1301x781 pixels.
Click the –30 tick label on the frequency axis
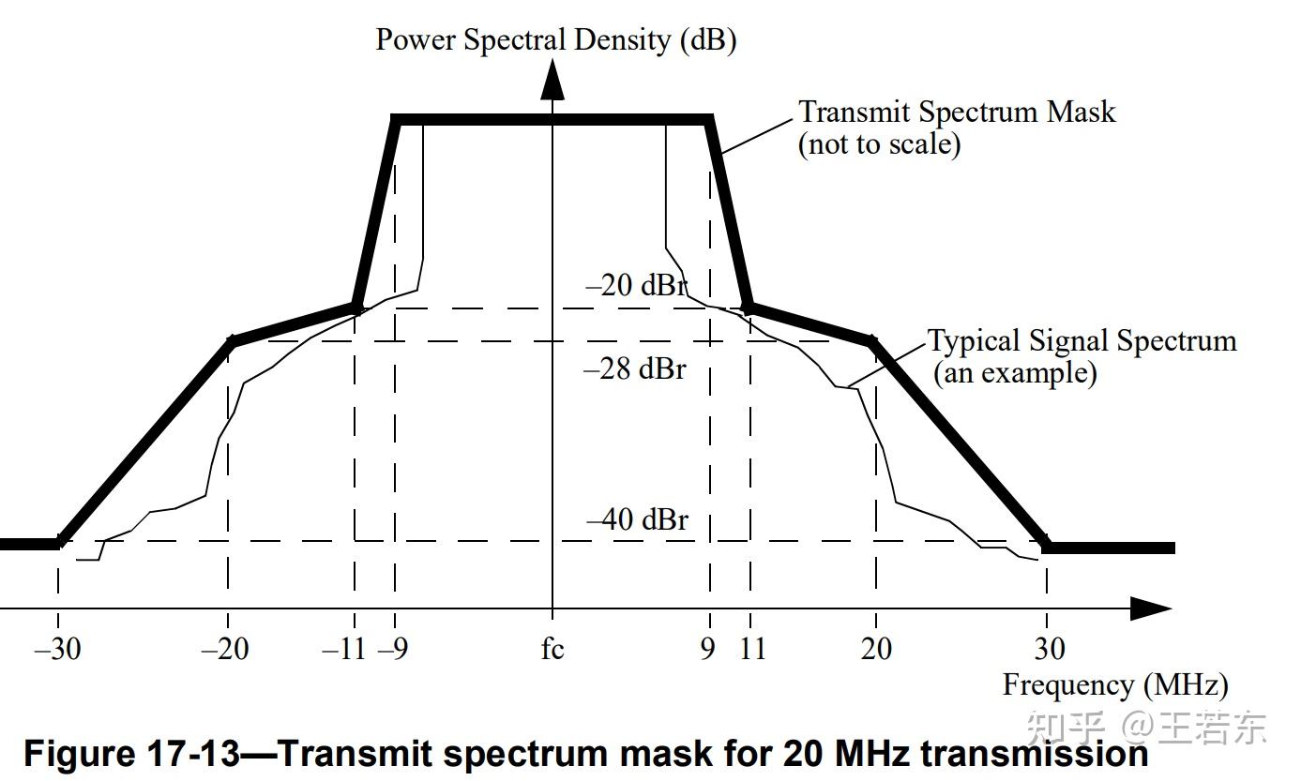coord(57,648)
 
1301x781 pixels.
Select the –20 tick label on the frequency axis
coord(225,648)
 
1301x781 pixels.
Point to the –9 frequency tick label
coord(393,648)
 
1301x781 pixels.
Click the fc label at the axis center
coord(552,648)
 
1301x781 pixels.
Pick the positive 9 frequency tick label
coord(707,648)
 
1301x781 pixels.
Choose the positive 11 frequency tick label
coord(752,648)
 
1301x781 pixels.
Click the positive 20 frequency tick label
coord(876,648)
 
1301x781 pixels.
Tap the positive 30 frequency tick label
coord(1050,648)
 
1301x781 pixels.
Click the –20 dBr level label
coord(637,285)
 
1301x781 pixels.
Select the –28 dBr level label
coord(635,368)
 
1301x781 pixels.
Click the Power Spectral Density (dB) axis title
coord(555,39)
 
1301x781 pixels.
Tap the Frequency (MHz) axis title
coord(1115,685)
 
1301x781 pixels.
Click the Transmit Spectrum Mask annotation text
coord(957,113)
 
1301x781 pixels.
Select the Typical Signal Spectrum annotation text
coord(1082,340)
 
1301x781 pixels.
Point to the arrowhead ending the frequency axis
coord(1150,608)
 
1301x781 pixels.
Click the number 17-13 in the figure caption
coord(194,753)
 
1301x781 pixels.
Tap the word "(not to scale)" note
coord(879,145)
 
